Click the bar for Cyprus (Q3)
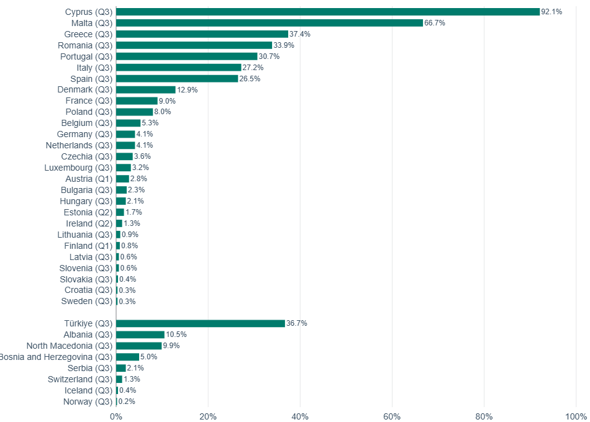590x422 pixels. [328, 12]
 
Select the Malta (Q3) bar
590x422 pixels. [270, 23]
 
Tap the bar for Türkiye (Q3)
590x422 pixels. [201, 323]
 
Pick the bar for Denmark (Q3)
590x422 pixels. [146, 90]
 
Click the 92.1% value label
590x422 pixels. [551, 12]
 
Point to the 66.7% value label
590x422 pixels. [435, 23]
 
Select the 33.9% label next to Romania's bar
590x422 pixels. [284, 45]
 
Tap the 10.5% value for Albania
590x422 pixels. [176, 334]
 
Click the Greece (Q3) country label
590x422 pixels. [88, 34]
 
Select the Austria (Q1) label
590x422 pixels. [89, 179]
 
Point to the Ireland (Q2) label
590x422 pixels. [89, 223]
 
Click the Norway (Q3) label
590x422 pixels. [88, 402]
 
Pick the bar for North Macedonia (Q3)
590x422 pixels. [139, 346]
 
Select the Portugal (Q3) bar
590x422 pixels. [187, 56]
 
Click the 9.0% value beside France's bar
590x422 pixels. [167, 101]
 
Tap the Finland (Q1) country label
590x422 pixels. [88, 246]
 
